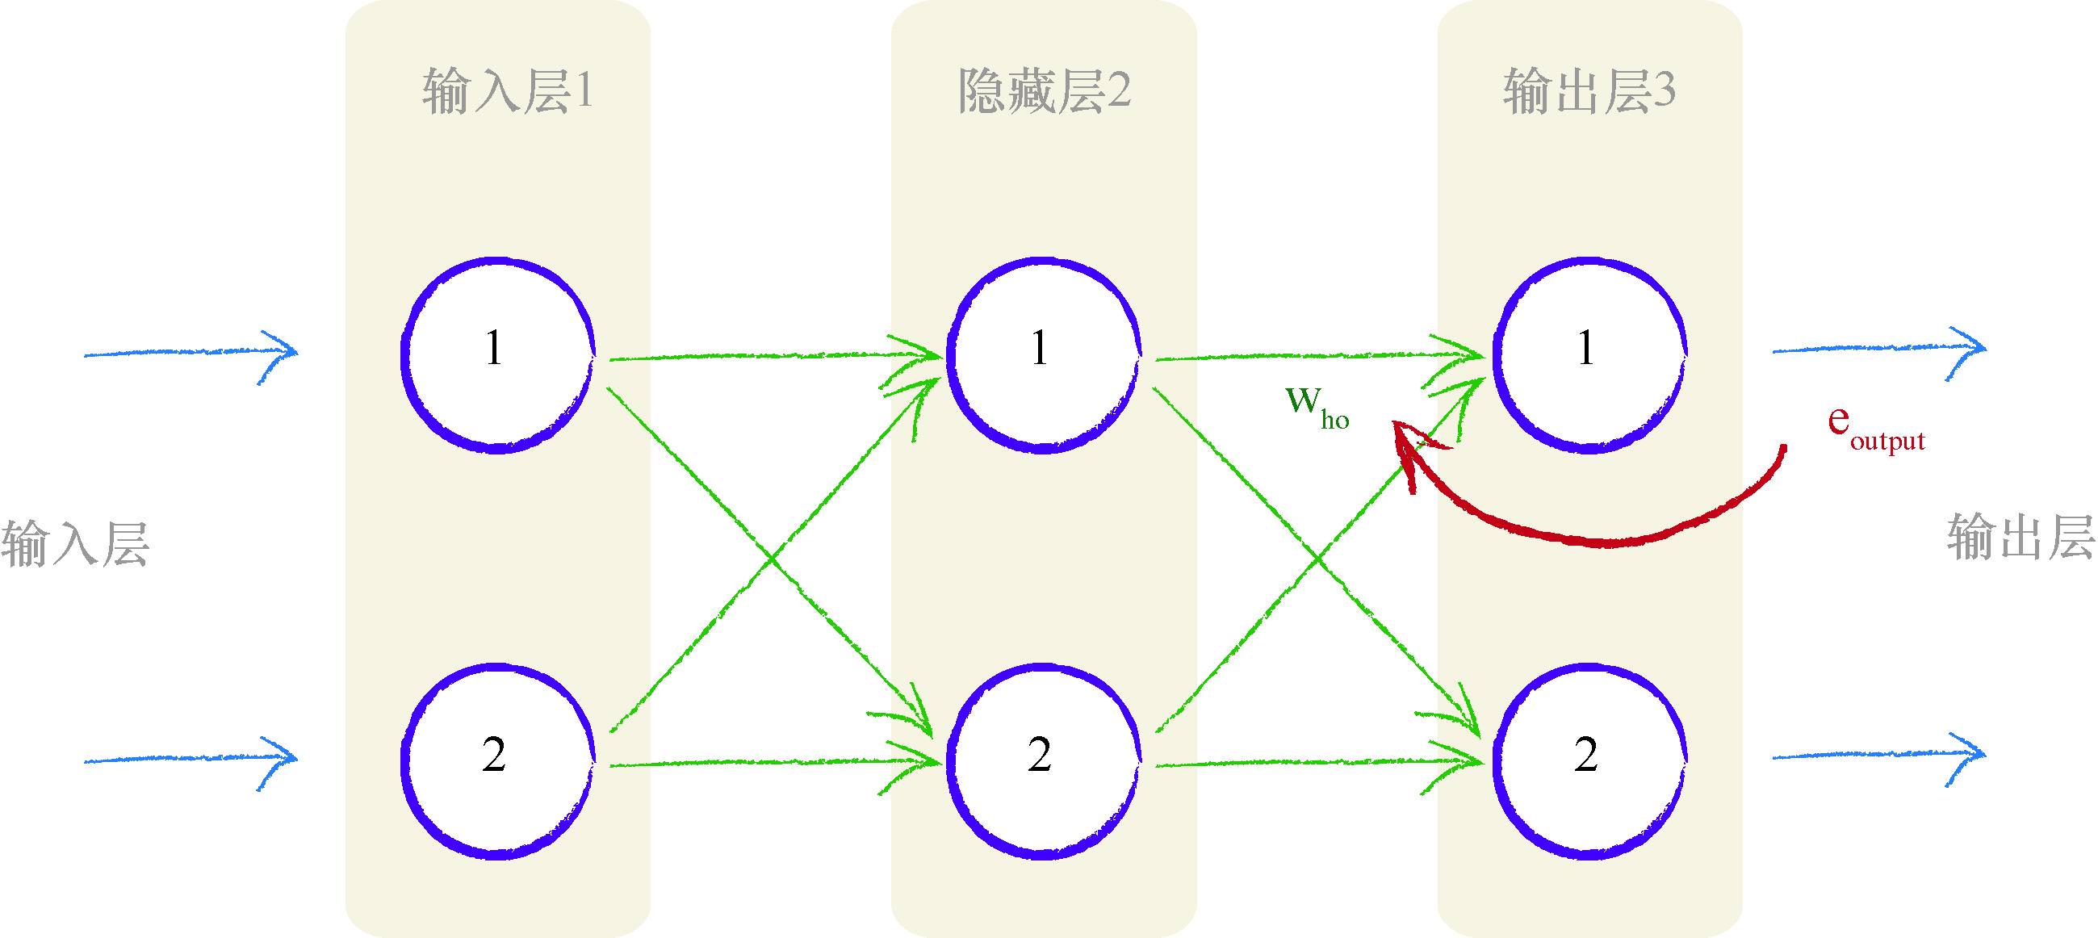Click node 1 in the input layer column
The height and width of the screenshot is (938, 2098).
pyautogui.click(x=496, y=355)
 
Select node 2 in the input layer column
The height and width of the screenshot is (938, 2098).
pyautogui.click(x=496, y=761)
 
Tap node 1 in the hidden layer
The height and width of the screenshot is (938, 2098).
pyautogui.click(x=1042, y=355)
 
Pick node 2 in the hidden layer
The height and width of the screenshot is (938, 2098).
pyautogui.click(x=1042, y=761)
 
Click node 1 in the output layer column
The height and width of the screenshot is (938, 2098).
pyautogui.click(x=1589, y=355)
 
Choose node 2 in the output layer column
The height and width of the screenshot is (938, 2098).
pyautogui.click(x=1589, y=761)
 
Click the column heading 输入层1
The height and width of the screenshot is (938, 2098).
pyautogui.click(x=507, y=90)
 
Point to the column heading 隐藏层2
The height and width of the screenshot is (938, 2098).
pyautogui.click(x=1043, y=90)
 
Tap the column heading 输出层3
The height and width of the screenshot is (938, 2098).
pyautogui.click(x=1589, y=90)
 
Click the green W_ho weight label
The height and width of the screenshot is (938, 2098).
pyautogui.click(x=1315, y=405)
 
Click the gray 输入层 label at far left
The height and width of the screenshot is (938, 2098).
pyautogui.click(x=75, y=543)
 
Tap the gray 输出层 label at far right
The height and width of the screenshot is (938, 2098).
pyautogui.click(x=2020, y=537)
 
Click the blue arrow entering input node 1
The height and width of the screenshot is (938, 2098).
pyautogui.click(x=191, y=353)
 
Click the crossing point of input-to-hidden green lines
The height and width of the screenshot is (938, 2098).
pyautogui.click(x=771, y=559)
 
